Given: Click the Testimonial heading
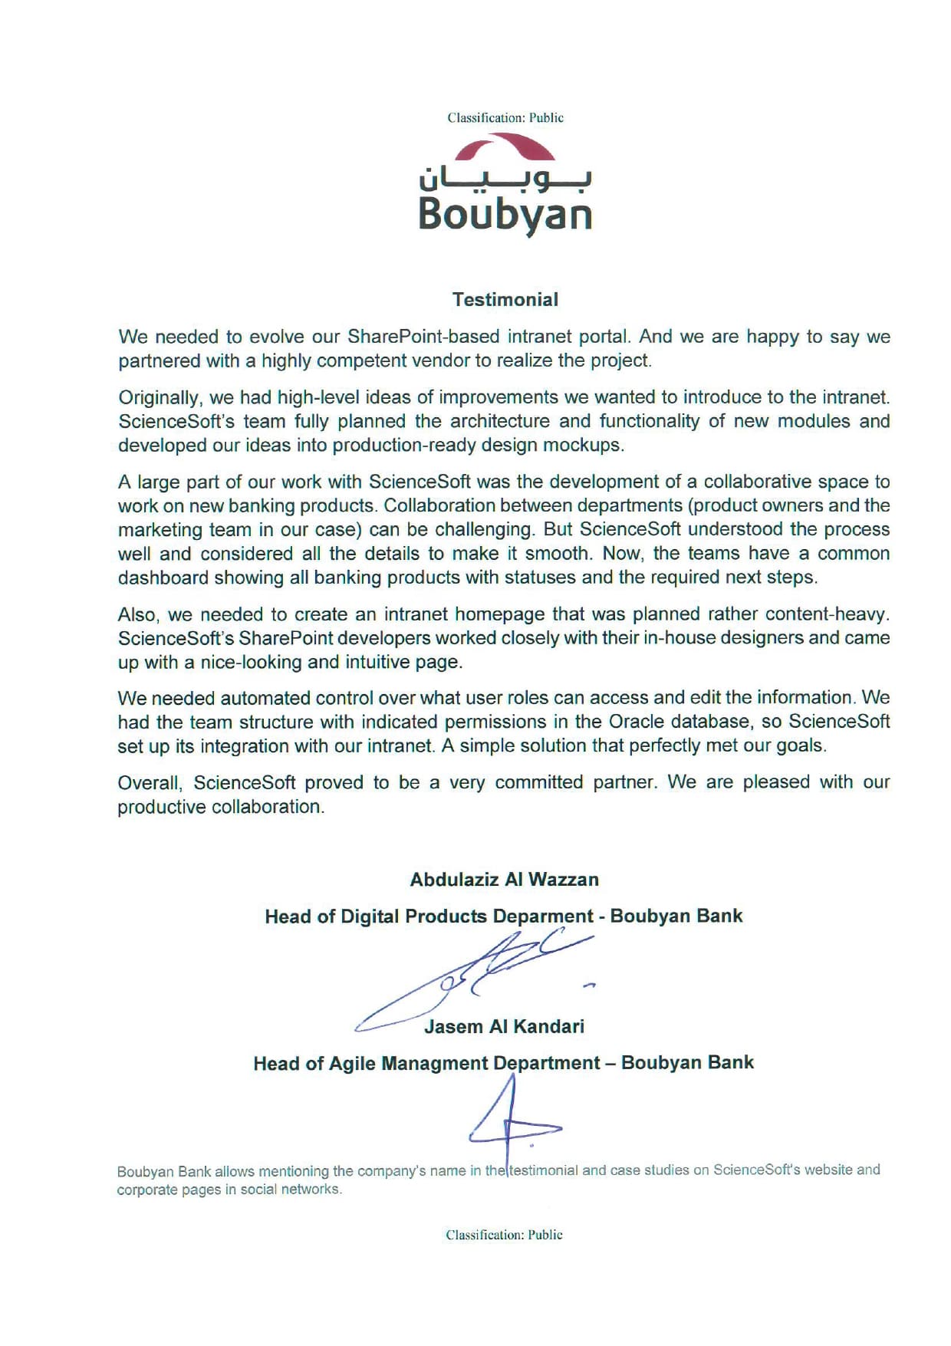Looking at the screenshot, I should tap(505, 300).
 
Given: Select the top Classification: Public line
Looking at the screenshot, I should tap(505, 118).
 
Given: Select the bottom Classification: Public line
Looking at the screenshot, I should tap(504, 1235).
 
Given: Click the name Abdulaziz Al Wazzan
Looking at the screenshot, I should tap(504, 880).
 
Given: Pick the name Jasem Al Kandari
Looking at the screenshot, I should tap(504, 1027).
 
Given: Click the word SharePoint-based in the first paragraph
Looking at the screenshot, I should tap(413, 337).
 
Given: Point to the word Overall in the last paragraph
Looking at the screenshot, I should tap(150, 782).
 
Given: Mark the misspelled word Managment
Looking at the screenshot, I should tap(434, 1064).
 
